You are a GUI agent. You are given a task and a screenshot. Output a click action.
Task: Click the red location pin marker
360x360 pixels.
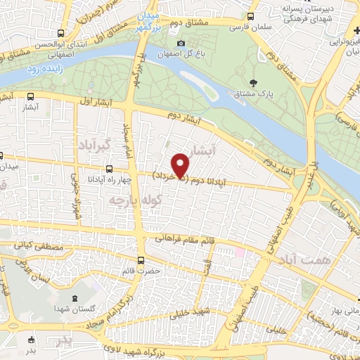[181, 165]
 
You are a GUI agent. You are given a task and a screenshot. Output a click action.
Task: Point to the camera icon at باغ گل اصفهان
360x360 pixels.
[181, 44]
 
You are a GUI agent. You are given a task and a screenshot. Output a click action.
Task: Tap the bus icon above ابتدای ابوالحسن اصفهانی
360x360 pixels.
[62, 32]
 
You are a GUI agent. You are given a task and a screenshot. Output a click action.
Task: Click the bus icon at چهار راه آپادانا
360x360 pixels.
[109, 169]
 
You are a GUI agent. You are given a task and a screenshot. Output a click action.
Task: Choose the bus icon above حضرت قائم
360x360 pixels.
[142, 260]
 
